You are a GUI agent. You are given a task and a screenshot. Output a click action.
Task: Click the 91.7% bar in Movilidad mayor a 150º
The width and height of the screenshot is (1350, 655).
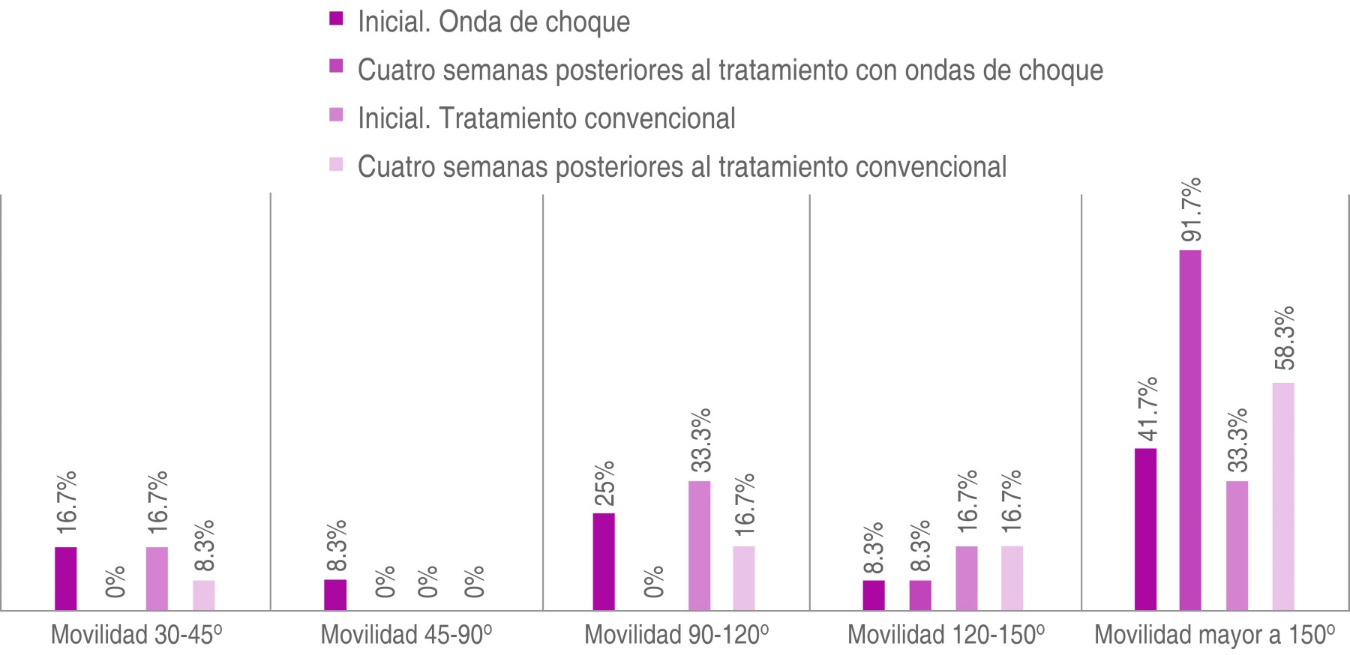tap(1190, 430)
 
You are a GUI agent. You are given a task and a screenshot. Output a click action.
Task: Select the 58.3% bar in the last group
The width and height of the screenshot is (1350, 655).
tap(1283, 496)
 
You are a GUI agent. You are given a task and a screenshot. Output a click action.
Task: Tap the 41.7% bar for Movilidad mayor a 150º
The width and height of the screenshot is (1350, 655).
tap(1145, 529)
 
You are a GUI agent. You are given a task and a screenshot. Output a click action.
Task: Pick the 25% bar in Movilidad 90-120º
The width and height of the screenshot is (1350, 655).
tap(604, 561)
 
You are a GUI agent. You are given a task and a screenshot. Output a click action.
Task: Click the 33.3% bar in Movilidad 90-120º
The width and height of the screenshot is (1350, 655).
tap(700, 546)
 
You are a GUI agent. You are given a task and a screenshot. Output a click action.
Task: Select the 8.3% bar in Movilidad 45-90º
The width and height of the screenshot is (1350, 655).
tap(335, 594)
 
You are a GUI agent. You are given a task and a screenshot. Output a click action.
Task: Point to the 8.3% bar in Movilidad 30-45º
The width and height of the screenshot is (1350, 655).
tap(204, 595)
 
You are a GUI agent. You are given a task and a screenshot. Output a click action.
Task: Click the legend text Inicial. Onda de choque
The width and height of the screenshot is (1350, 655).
tap(493, 22)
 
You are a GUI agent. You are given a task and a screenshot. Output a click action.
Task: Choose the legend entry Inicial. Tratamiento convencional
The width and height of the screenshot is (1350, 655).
tap(546, 118)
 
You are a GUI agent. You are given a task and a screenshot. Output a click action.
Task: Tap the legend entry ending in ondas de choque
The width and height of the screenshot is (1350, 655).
tap(730, 70)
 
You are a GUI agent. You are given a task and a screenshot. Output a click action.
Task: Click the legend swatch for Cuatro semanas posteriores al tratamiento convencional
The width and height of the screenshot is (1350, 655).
tap(336, 164)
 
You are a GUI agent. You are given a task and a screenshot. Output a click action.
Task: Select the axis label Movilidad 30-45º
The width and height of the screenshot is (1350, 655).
tap(136, 635)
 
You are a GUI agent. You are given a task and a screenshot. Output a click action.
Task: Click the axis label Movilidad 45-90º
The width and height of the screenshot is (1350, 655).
tap(406, 635)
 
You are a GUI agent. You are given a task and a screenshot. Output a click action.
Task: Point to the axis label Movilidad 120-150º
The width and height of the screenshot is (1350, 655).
tap(946, 635)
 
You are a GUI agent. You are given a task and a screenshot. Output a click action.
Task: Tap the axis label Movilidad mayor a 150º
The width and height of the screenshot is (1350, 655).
tap(1214, 635)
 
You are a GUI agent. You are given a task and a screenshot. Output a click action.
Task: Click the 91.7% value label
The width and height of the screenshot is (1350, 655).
tap(1190, 210)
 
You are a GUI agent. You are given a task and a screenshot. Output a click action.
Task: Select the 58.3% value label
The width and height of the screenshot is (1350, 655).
tap(1283, 338)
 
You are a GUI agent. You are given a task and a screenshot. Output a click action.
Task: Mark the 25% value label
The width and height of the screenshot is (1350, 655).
tap(604, 483)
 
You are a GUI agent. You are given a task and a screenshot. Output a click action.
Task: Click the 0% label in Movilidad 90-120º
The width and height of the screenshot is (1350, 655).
tap(652, 582)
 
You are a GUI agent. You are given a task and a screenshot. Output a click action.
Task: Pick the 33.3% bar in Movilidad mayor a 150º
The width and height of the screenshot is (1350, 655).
tap(1237, 546)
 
